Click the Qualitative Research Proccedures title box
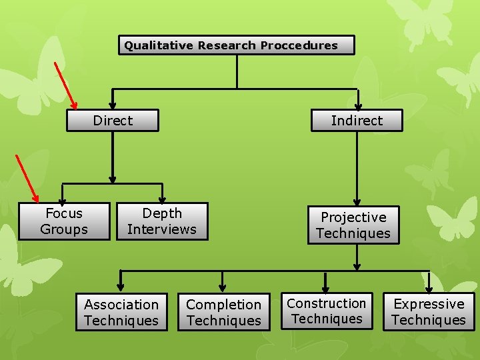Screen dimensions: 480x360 [x=237, y=45]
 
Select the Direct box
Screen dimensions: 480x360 [x=113, y=121]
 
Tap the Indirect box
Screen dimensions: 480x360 [x=357, y=121]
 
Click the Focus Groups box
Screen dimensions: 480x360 [x=64, y=221]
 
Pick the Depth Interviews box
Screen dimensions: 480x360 [x=162, y=221]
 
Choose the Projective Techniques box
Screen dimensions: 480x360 [x=353, y=225]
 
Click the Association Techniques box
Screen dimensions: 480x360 [x=121, y=313]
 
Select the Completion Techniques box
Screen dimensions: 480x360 [x=224, y=313]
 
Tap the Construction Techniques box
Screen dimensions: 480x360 [x=327, y=311]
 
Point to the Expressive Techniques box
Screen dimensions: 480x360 [x=429, y=312]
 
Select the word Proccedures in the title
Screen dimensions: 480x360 [x=299, y=45]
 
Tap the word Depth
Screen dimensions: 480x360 [x=162, y=213]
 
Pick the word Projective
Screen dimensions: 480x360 [x=353, y=217]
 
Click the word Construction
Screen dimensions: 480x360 [x=327, y=303]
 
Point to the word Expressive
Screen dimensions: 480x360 [x=429, y=304]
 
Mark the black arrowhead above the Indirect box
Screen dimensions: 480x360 [x=358, y=105]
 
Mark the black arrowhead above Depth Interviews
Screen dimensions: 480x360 [x=162, y=200]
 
